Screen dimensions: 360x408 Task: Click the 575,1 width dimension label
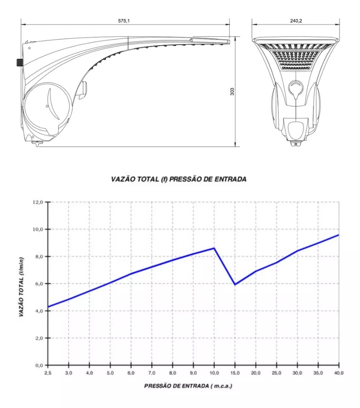tap(124, 21)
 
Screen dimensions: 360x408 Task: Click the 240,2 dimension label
tap(296, 21)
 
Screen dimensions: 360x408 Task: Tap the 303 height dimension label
tap(232, 91)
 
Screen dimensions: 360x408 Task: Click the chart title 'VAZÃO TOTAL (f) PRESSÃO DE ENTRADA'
tap(179, 179)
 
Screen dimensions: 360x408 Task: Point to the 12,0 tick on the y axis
tap(38, 202)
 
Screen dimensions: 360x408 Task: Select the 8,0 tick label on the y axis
tap(38, 257)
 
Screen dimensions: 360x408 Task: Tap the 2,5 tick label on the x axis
tap(48, 373)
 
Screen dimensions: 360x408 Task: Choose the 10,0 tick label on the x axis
tap(214, 373)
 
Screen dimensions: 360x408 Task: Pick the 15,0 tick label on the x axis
tap(235, 373)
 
